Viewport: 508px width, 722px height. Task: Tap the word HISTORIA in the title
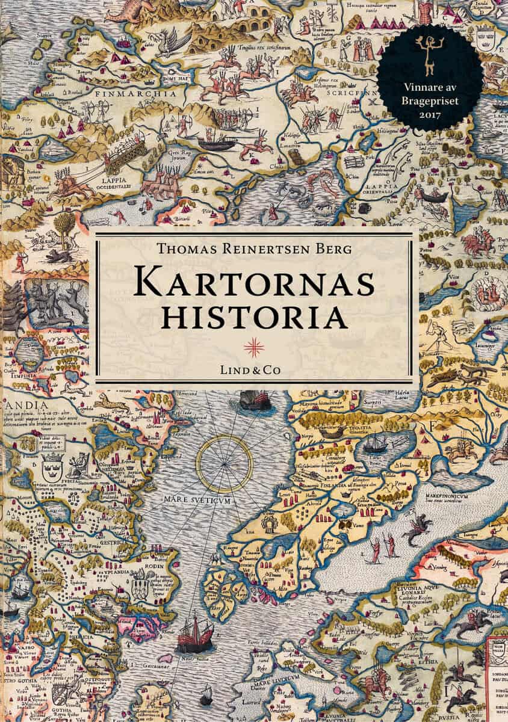[x=253, y=317]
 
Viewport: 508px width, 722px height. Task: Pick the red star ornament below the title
[x=253, y=344]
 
